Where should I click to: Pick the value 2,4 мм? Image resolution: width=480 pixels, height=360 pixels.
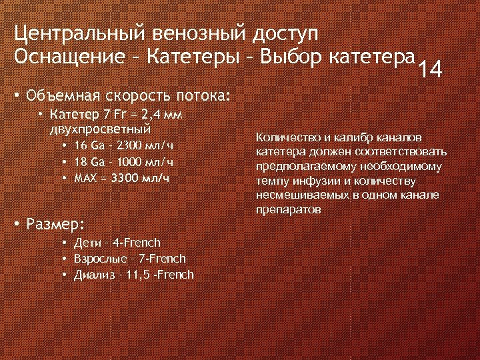(x=157, y=115)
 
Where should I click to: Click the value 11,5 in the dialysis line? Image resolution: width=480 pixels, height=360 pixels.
(x=139, y=275)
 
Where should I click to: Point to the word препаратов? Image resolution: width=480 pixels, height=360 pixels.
(x=289, y=209)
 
